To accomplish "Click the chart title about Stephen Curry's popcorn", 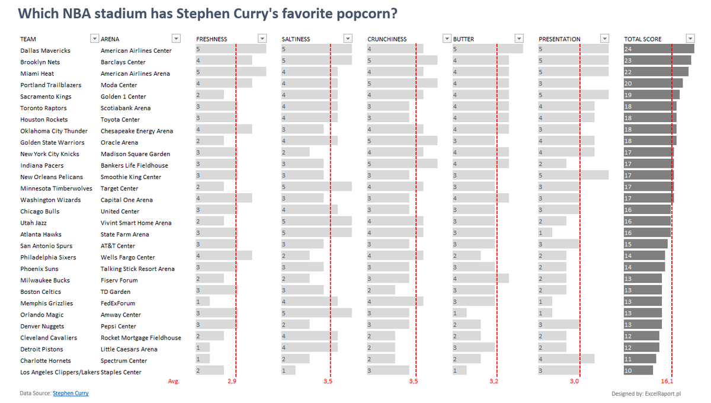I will (x=207, y=13).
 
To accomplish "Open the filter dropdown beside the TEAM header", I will (x=94, y=39).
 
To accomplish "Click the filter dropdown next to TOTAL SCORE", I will (x=690, y=39).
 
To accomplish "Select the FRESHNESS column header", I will (x=212, y=39).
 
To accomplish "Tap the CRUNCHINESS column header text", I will (x=387, y=39).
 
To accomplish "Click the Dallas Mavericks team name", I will (x=45, y=51).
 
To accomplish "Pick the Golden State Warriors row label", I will (x=52, y=143).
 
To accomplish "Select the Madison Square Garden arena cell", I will (x=135, y=154).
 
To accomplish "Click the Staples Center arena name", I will (x=121, y=372).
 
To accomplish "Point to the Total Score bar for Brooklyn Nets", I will (x=657, y=62).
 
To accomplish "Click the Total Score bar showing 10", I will (x=638, y=371).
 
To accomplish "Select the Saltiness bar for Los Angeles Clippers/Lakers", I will (x=289, y=371).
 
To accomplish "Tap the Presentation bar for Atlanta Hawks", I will (x=545, y=234).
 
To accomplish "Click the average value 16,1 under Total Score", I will (x=667, y=382).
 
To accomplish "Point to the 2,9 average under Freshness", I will (x=232, y=382).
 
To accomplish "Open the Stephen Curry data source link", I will (x=71, y=394).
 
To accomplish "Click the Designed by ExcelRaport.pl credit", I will (x=646, y=394).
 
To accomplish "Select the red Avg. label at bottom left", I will (x=174, y=382).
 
